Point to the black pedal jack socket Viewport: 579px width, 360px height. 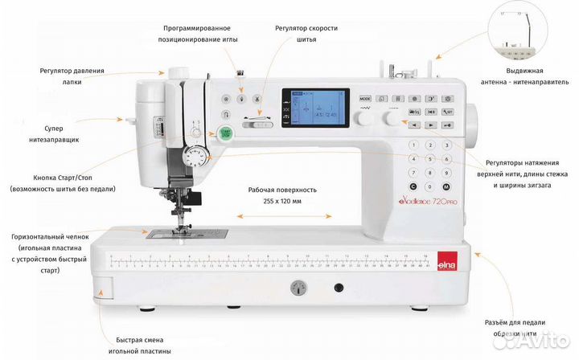(339, 288)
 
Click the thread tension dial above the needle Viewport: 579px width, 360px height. (194, 155)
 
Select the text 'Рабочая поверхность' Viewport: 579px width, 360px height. (283, 190)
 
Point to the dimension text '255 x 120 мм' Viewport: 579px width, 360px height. (283, 202)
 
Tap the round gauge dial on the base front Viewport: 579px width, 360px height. (300, 288)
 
